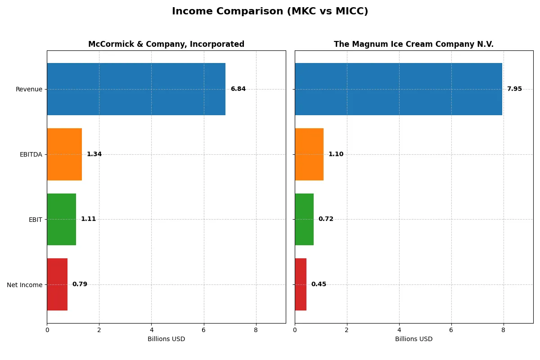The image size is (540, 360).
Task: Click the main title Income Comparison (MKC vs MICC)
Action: (x=270, y=12)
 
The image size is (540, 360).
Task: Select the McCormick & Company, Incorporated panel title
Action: (x=166, y=45)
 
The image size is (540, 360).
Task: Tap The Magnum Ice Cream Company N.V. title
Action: (x=414, y=45)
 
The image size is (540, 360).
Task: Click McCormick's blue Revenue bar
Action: (x=136, y=89)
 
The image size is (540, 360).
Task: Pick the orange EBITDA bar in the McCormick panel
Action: (x=64, y=154)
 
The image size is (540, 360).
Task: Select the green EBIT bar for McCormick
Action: (x=62, y=219)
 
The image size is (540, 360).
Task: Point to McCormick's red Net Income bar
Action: (x=57, y=284)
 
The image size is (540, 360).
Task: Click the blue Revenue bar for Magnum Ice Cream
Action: (x=398, y=89)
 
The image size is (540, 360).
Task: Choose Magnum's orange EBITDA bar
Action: (x=309, y=154)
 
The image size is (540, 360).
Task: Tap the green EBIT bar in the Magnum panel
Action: (x=304, y=219)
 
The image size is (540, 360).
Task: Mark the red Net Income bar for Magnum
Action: (x=301, y=284)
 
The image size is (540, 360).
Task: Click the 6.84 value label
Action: (x=238, y=89)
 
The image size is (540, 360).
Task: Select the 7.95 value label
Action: (x=514, y=89)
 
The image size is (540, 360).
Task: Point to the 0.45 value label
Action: (x=319, y=284)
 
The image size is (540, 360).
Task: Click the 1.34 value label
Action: (x=94, y=154)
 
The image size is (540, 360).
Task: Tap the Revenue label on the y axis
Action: (x=29, y=89)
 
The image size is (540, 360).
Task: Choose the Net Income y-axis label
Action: (x=25, y=284)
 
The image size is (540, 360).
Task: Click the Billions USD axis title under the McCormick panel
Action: (x=166, y=339)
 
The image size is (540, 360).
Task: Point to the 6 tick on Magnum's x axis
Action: (x=451, y=330)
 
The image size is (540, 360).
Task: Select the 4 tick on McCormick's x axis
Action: (x=151, y=330)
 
